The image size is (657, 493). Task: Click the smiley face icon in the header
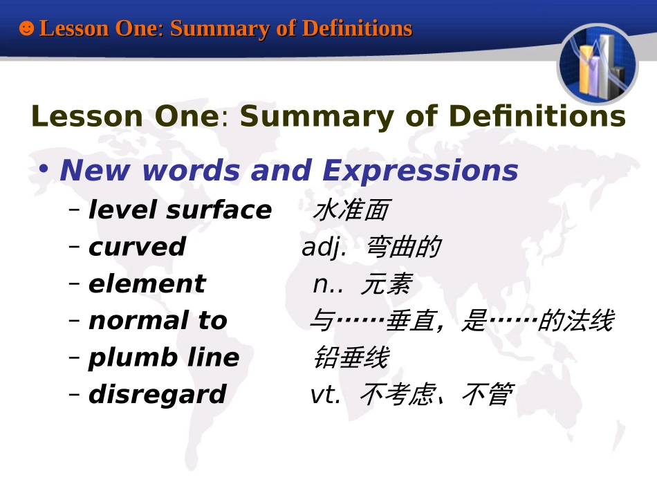pyautogui.click(x=26, y=28)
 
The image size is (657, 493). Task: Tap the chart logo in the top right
pyautogui.click(x=597, y=64)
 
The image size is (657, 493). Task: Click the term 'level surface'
pyautogui.click(x=180, y=210)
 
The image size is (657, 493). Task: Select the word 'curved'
pyautogui.click(x=137, y=247)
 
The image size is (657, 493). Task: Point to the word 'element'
pyautogui.click(x=147, y=284)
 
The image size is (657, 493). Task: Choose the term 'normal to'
pyautogui.click(x=158, y=321)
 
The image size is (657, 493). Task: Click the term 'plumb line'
pyautogui.click(x=163, y=357)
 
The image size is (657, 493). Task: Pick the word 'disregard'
pyautogui.click(x=157, y=394)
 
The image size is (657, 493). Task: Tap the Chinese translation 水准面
pyautogui.click(x=351, y=210)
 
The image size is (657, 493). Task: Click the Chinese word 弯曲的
pyautogui.click(x=402, y=247)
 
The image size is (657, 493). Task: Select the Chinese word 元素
pyautogui.click(x=386, y=284)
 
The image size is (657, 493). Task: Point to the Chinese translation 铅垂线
pyautogui.click(x=351, y=357)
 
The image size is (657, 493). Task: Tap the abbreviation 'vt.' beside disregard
pyautogui.click(x=325, y=394)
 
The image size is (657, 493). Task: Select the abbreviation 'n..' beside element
pyautogui.click(x=328, y=284)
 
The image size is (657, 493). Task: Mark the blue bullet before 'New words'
pyautogui.click(x=44, y=170)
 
